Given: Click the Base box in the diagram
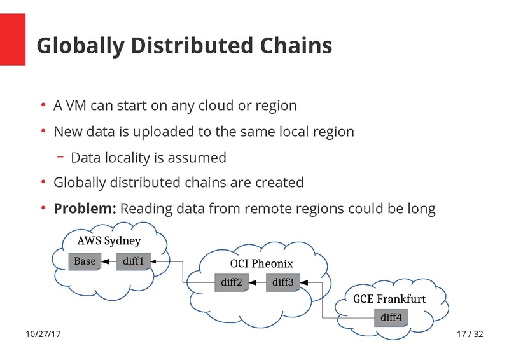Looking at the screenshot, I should (85, 261).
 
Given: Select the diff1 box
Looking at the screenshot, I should (134, 261).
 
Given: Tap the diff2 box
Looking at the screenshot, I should (231, 282).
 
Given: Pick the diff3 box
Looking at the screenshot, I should (282, 282).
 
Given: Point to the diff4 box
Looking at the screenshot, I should (391, 317).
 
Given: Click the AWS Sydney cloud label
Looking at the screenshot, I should (109, 241).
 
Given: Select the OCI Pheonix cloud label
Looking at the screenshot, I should (261, 263).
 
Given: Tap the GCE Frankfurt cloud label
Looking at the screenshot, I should (389, 299).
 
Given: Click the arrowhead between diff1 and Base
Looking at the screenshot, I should (109, 261).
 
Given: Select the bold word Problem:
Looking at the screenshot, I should (85, 208).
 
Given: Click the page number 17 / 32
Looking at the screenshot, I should (470, 335).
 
